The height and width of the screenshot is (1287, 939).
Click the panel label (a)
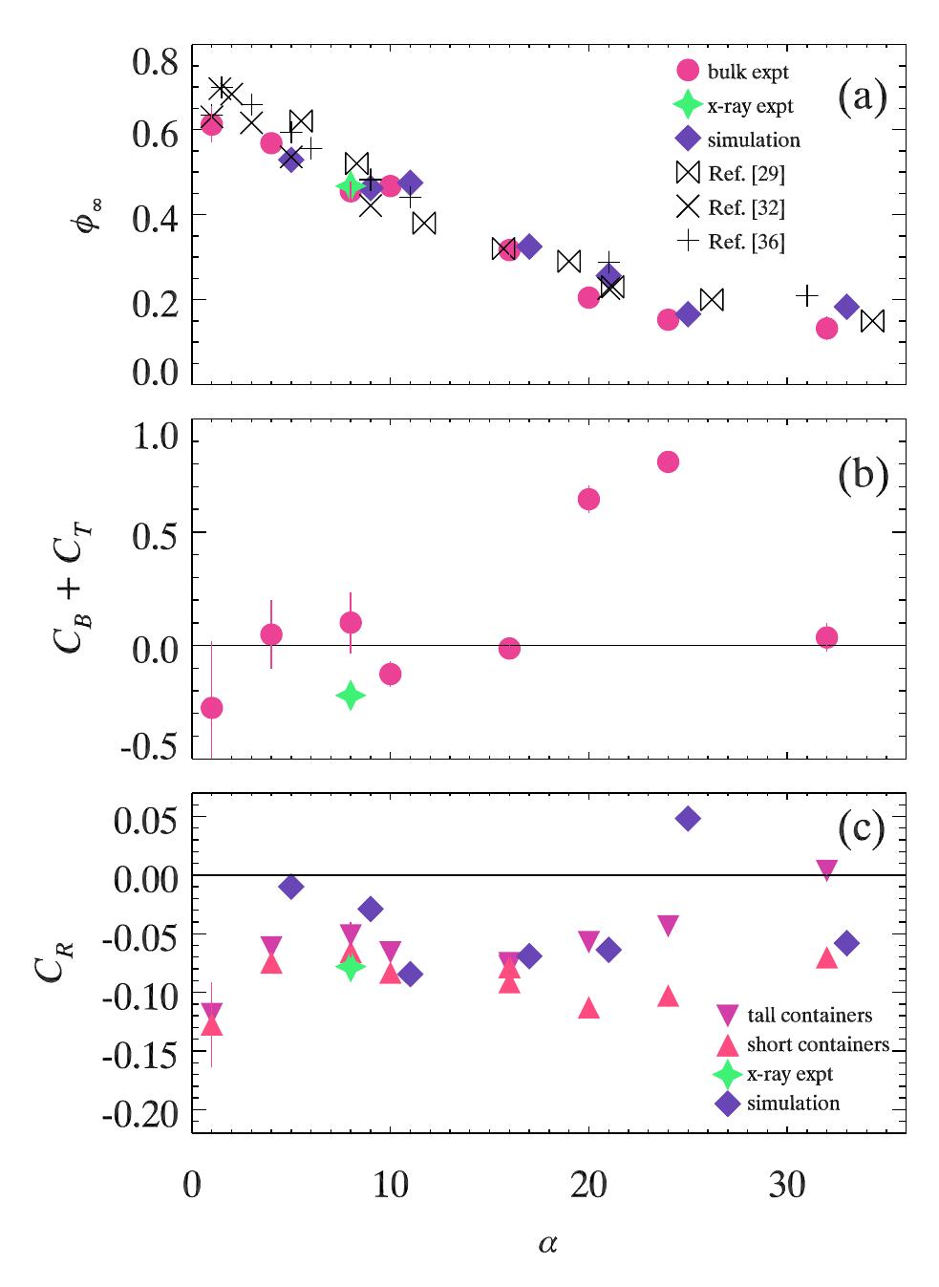tap(863, 97)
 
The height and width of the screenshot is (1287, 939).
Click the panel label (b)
tap(863, 475)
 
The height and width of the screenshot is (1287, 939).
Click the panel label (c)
tap(863, 828)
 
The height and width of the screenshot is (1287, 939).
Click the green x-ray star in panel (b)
tap(351, 696)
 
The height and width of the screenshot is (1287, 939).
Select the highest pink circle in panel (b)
tap(668, 462)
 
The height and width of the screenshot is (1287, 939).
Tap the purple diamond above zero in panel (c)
tap(687, 819)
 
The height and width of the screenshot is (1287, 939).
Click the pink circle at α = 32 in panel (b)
tap(827, 637)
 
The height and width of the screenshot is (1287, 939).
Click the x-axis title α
tap(547, 1243)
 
